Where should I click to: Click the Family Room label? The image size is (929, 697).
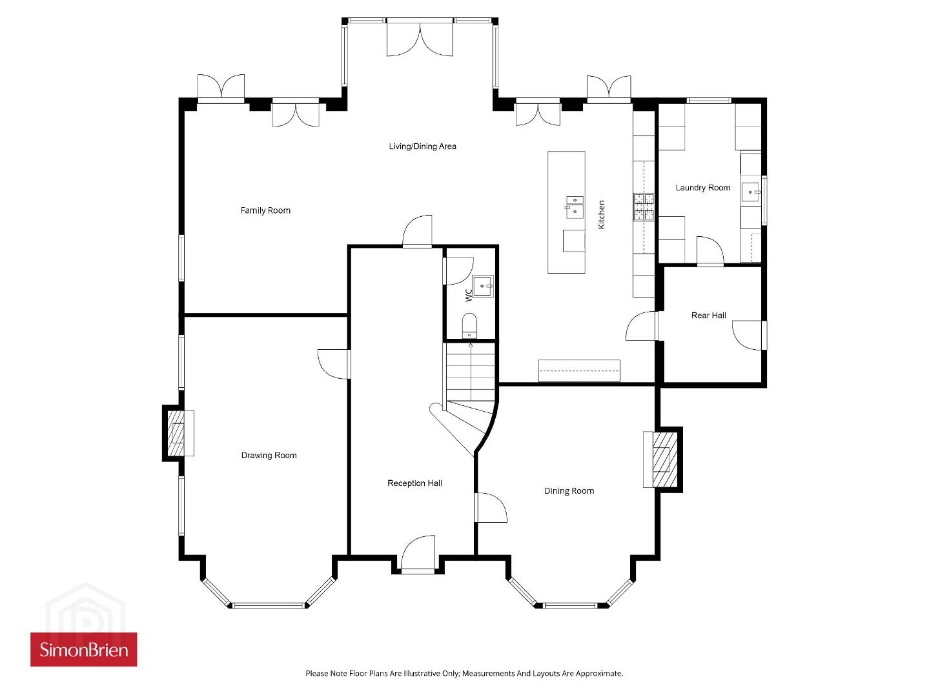coord(265,210)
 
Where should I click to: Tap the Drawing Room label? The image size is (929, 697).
coord(269,455)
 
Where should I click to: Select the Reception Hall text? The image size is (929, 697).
coord(414,483)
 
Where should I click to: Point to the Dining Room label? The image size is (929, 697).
coord(569,490)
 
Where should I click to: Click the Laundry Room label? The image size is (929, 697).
coord(702,187)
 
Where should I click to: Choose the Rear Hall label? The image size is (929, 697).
coord(708,315)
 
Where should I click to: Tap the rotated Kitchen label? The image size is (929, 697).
coord(601,214)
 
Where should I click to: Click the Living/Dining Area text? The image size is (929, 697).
coord(422,146)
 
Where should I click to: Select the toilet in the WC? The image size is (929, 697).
coord(469,325)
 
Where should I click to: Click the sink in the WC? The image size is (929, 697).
coord(483,287)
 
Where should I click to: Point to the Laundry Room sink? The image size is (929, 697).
coord(750,192)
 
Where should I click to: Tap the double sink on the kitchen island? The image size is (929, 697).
coord(575,207)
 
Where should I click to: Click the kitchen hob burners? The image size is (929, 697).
coord(644,207)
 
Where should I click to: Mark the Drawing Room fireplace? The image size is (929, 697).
coord(177,433)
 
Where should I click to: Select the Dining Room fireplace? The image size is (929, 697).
coord(663,460)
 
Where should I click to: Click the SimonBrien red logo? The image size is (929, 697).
coord(84,649)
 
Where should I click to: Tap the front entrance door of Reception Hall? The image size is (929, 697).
coord(418,553)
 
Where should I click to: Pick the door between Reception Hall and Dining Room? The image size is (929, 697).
coord(491,507)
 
